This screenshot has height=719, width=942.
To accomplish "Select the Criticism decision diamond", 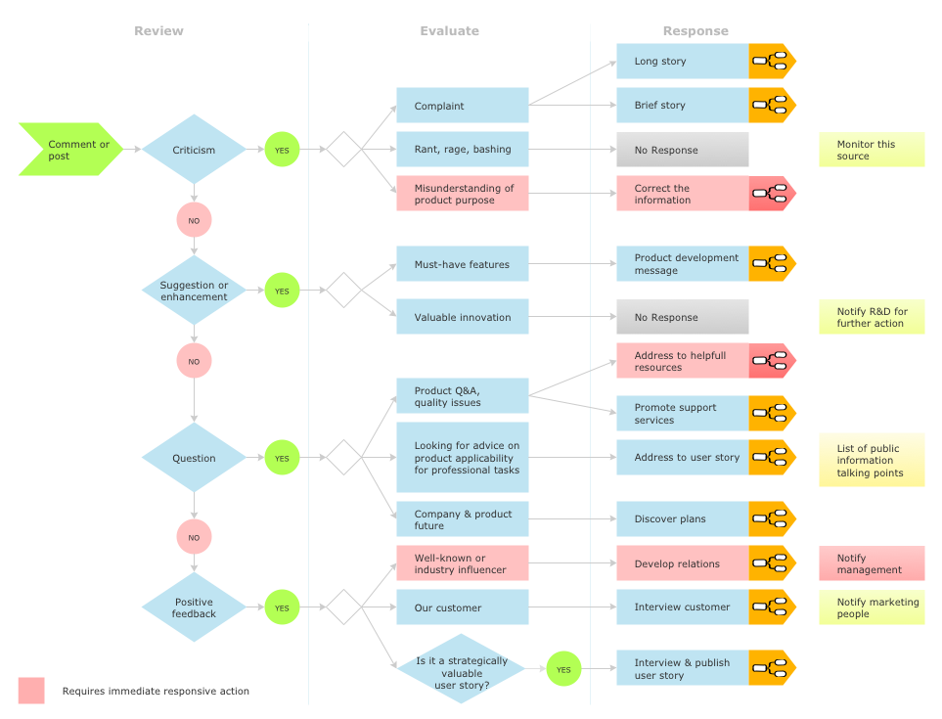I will pyautogui.click(x=194, y=150).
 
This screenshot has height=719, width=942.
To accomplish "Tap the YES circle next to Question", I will pyautogui.click(x=282, y=458).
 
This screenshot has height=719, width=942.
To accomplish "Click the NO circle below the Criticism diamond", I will pyautogui.click(x=194, y=220).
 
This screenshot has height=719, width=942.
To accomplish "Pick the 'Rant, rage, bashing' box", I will pyautogui.click(x=462, y=150).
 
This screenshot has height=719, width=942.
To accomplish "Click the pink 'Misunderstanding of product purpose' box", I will pyautogui.click(x=462, y=194).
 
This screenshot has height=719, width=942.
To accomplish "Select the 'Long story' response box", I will pyautogui.click(x=682, y=61).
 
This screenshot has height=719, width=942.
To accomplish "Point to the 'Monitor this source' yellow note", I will pyautogui.click(x=871, y=150).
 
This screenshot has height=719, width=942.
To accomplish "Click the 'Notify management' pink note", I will pyautogui.click(x=871, y=563).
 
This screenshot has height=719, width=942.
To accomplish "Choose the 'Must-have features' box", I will pyautogui.click(x=462, y=264).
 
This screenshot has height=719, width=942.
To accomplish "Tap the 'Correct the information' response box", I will pyautogui.click(x=682, y=194).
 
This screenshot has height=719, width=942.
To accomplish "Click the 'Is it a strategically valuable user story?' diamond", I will pyautogui.click(x=461, y=669).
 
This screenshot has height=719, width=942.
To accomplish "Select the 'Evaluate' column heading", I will pyautogui.click(x=449, y=31).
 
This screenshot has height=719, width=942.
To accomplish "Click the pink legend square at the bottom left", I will pyautogui.click(x=31, y=691).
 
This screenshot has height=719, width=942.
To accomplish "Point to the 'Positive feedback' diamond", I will pyautogui.click(x=194, y=607).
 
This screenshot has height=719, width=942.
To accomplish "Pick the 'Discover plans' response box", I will pyautogui.click(x=682, y=519).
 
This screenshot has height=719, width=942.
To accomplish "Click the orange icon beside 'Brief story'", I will pyautogui.click(x=772, y=105).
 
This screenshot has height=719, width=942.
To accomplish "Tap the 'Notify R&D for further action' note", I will pyautogui.click(x=871, y=317).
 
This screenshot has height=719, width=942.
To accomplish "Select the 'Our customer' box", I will pyautogui.click(x=462, y=607).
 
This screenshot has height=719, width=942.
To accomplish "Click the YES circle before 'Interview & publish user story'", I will pyautogui.click(x=563, y=669).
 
